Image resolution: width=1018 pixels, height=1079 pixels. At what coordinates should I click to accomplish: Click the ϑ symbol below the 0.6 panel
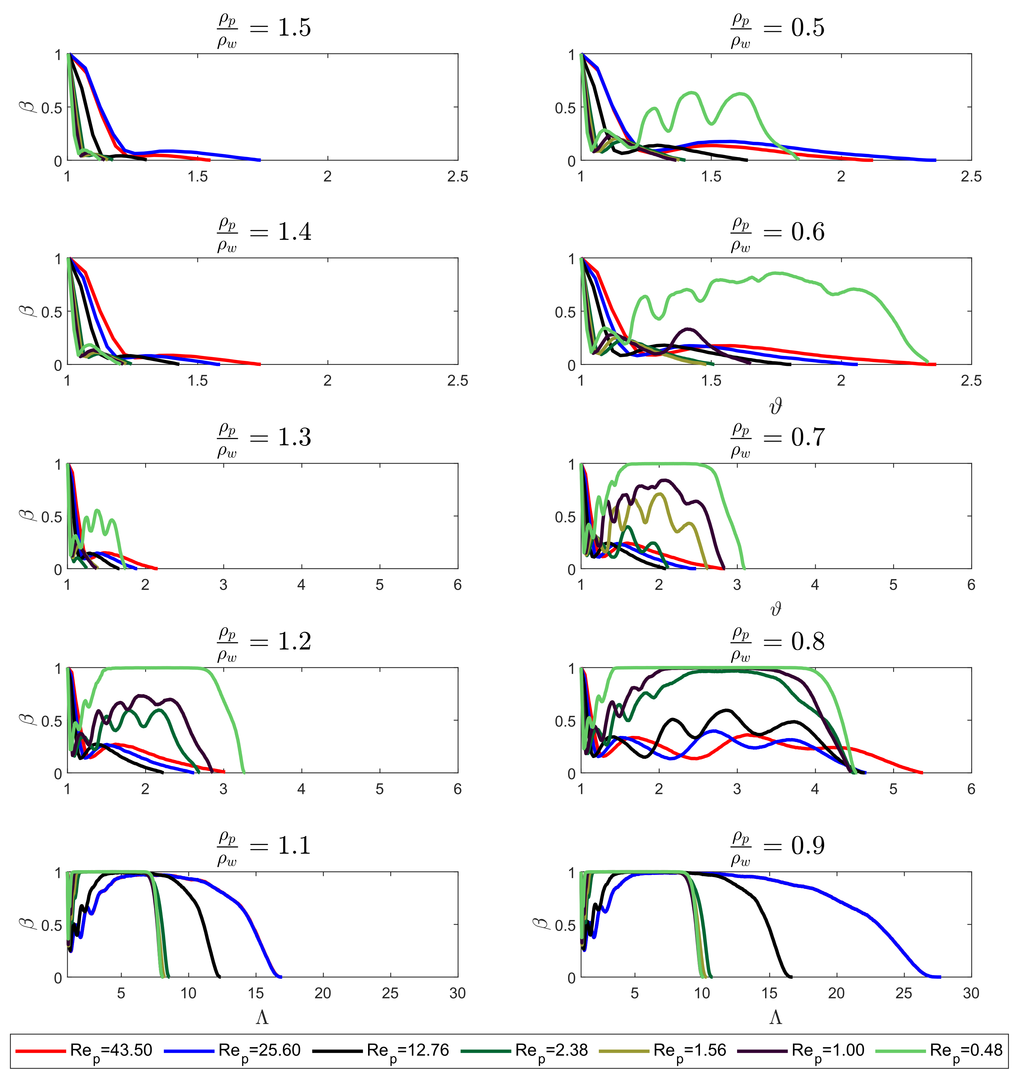[776, 406]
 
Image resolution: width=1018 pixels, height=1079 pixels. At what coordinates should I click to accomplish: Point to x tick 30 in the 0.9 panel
[971, 993]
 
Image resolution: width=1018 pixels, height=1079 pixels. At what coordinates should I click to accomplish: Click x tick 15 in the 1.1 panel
[256, 993]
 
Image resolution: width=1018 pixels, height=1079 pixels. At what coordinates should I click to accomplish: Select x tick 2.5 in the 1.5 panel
[457, 176]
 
